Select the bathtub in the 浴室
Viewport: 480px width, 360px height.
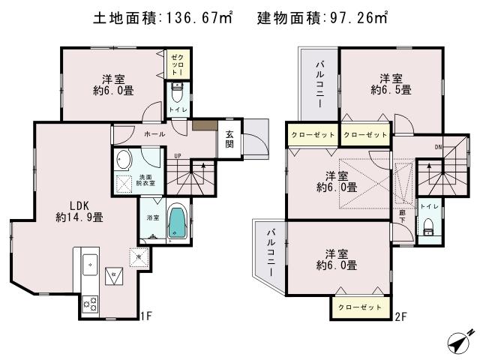coord(177,223)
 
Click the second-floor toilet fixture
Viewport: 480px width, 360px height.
coord(428,227)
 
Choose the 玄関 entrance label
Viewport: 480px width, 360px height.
coord(229,139)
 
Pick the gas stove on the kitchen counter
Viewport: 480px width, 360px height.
coord(90,303)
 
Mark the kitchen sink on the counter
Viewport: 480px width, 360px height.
coord(89,265)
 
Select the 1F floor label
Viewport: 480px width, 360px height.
coord(146,316)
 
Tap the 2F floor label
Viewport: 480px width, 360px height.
coord(402,316)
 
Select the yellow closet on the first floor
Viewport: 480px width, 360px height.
coord(178,62)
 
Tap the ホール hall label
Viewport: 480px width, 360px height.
coord(154,133)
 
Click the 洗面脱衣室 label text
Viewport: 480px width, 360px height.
coord(146,180)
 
